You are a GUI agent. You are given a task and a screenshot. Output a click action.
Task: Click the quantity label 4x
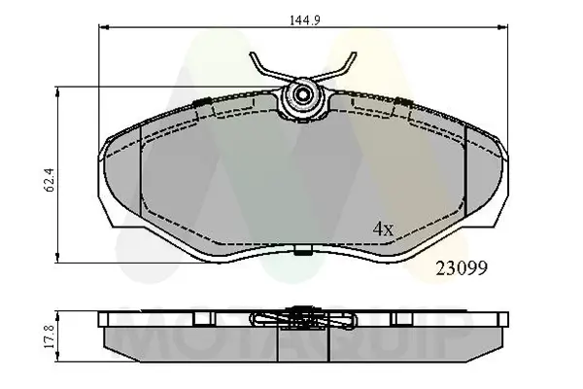tap(384, 230)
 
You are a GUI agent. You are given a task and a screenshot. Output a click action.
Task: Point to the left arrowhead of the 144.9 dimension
tap(100, 30)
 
